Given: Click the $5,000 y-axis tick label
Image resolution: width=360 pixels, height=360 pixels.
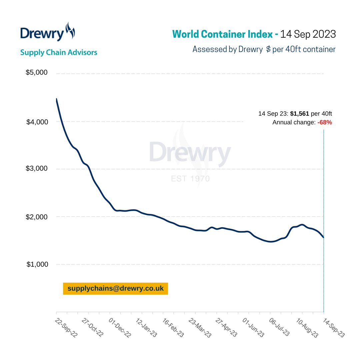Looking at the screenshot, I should (37, 73).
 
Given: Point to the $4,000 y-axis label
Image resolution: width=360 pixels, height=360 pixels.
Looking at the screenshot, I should (37, 122).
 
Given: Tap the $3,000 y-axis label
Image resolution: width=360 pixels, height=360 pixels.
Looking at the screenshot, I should (37, 169).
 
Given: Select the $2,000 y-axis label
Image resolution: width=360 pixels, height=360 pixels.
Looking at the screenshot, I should (37, 217).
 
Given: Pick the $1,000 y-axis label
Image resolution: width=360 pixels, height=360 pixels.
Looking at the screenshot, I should (37, 264).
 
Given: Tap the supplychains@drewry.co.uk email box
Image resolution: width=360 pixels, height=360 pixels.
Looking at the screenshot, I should (115, 289).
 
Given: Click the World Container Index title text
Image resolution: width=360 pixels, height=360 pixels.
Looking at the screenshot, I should (225, 34).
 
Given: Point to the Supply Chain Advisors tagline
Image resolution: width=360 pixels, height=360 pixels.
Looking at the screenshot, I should (59, 52).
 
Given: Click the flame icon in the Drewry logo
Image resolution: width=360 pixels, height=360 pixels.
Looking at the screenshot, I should (70, 31).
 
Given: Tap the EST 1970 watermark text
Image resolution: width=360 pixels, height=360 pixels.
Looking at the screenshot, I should (190, 179).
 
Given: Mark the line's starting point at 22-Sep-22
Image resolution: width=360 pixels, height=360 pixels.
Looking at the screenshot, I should (56, 99).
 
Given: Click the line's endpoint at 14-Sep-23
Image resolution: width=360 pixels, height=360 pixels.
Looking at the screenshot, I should (323, 237).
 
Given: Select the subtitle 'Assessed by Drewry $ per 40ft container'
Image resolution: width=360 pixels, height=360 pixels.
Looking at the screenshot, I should (264, 49).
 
